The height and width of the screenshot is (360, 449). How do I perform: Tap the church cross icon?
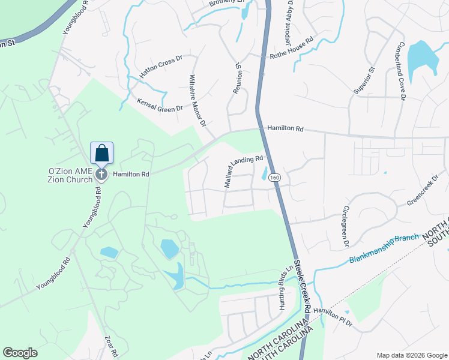102,174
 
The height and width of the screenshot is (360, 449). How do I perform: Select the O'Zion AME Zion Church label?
71,175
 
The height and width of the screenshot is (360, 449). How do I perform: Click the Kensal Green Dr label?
160,105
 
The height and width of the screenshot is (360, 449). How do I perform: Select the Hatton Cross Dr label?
160,67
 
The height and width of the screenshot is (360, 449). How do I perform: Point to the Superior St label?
364,80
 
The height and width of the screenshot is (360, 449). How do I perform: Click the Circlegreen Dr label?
345,227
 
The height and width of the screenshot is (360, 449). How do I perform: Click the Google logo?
20,352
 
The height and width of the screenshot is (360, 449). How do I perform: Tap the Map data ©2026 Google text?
411,355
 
